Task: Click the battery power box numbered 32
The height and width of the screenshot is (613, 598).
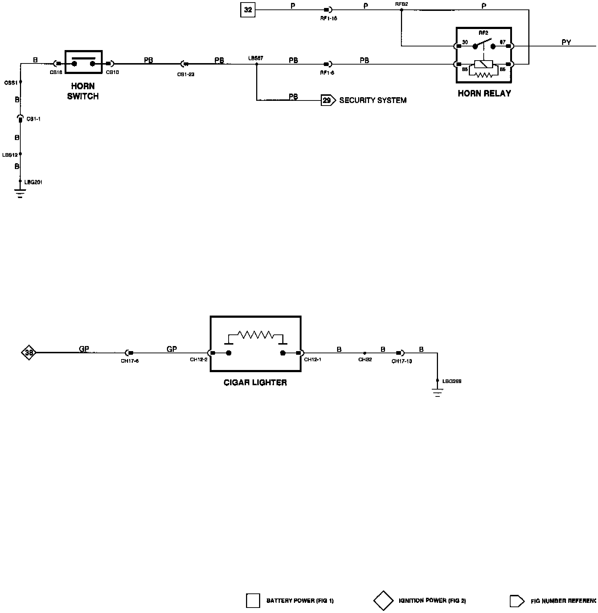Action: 248,10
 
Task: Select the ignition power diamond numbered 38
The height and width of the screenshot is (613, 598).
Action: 29,352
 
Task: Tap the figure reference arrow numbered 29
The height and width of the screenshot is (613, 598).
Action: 328,100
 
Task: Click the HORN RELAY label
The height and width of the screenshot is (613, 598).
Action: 484,94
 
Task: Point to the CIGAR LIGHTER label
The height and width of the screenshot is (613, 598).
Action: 255,383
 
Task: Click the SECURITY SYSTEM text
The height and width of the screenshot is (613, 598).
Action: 373,100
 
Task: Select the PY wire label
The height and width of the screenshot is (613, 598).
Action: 566,42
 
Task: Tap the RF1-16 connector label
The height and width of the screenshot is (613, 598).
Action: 328,18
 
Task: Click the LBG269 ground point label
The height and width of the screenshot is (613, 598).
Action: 452,381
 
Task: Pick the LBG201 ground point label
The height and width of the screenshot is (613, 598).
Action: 33,182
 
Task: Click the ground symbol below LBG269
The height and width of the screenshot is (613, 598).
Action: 437,393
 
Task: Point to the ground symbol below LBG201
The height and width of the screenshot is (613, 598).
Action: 20,194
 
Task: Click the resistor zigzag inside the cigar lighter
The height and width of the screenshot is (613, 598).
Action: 255,334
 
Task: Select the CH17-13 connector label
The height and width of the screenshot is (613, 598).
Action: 402,361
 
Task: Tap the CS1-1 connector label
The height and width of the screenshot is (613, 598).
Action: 34,119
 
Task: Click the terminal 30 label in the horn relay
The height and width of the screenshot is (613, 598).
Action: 465,42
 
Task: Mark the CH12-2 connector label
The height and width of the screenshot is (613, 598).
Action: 198,360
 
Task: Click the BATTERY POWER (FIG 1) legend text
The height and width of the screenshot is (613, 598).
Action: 300,601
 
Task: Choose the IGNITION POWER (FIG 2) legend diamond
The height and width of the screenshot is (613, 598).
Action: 383,601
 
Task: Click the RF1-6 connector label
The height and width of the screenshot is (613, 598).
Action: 327,73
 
